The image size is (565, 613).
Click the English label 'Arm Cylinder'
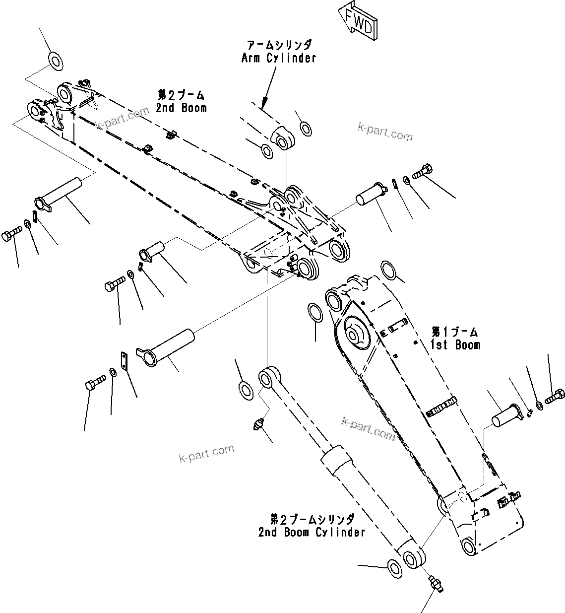click(x=278, y=58)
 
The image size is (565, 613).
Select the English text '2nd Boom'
click(x=181, y=108)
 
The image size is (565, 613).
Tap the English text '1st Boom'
click(x=455, y=344)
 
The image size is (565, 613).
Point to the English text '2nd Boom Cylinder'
click(x=312, y=533)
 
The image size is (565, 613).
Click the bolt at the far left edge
click(x=11, y=234)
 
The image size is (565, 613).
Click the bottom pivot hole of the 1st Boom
click(x=468, y=547)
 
